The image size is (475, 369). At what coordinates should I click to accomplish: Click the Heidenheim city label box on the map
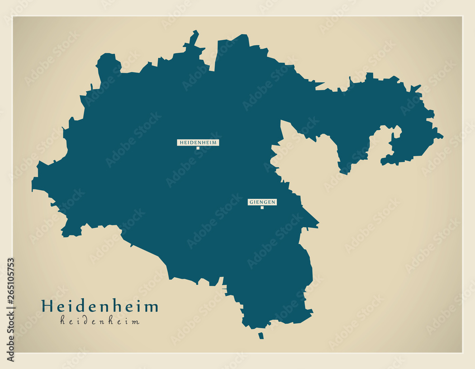click(x=198, y=142)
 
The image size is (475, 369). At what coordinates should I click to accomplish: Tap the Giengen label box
click(x=262, y=202)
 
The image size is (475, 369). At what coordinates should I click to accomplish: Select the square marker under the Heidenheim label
click(x=198, y=148)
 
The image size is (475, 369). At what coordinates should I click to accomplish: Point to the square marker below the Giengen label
click(x=262, y=207)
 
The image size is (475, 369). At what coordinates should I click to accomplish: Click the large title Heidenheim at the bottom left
click(x=100, y=306)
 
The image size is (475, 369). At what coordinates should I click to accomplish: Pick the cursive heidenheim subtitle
click(x=100, y=321)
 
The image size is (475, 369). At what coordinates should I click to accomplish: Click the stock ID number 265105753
click(x=10, y=309)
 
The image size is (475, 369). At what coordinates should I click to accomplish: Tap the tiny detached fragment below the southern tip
click(x=261, y=336)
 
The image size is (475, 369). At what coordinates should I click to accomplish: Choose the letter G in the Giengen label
click(x=251, y=202)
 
